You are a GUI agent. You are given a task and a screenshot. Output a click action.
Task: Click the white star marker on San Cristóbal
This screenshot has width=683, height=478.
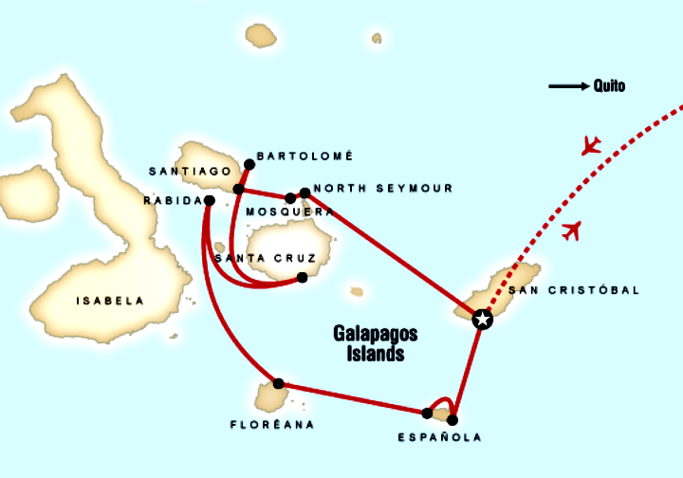482,319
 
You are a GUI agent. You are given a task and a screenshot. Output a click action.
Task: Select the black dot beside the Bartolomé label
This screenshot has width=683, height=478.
249,163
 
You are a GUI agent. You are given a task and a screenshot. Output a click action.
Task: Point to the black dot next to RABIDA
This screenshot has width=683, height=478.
209,200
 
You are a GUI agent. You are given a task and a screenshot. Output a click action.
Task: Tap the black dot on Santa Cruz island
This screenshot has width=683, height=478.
302,278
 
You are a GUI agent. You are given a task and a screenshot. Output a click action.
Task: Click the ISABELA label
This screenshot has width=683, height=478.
110,301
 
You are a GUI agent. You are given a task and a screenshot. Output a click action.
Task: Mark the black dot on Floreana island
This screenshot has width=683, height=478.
278,384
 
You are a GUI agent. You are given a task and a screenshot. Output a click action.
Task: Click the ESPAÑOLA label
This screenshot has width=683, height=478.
440,437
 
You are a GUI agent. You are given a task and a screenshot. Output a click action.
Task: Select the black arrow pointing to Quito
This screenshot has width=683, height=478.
568,86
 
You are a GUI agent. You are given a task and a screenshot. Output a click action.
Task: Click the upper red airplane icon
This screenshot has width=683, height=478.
591,145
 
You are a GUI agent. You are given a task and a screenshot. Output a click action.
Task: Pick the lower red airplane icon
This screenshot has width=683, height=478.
571,230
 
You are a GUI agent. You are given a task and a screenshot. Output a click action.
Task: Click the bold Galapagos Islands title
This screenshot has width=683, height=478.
375,343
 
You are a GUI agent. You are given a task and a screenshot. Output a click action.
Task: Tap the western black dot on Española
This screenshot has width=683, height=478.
427,413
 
